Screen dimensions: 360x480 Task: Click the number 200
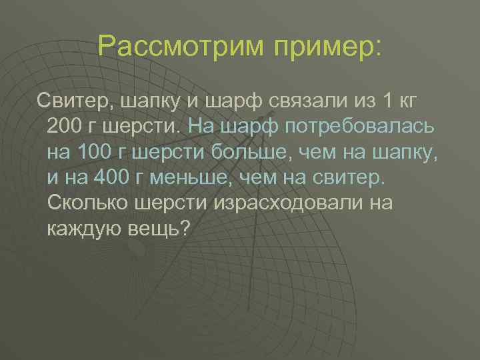67,126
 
